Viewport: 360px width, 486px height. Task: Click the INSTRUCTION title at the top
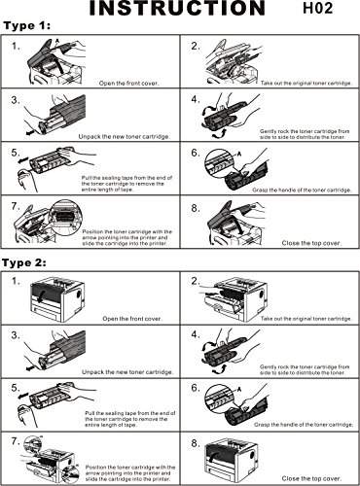[177, 8]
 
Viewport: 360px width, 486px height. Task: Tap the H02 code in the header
[317, 8]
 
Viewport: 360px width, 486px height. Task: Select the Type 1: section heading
[27, 26]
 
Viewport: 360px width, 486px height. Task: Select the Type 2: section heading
[24, 262]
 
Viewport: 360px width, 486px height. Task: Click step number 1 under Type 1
[16, 47]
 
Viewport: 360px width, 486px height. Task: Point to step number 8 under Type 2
[195, 443]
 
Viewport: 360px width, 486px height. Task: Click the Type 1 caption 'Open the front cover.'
[129, 84]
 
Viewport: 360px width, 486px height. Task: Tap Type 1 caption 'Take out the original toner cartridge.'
[306, 84]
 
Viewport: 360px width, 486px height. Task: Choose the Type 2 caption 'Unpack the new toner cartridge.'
[127, 372]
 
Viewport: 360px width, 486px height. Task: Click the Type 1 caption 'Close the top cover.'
[311, 243]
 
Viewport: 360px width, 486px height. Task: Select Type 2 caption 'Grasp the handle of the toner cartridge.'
[304, 425]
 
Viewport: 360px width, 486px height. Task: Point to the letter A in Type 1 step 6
[239, 154]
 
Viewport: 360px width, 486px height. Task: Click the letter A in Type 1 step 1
[57, 41]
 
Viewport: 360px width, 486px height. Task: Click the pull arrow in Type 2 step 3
[30, 368]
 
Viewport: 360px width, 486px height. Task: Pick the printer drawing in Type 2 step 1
[57, 299]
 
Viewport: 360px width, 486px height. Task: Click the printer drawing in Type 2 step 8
[232, 460]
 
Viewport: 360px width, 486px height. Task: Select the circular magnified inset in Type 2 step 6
[220, 399]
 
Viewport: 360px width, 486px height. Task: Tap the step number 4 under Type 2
[196, 334]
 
